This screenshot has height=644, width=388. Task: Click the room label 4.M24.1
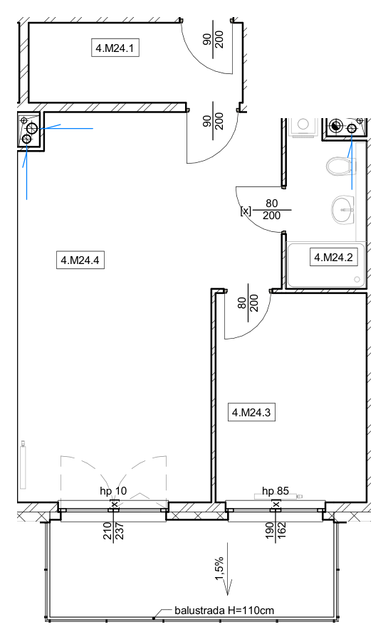(x=115, y=48)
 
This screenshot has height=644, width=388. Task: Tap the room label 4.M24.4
(x=80, y=260)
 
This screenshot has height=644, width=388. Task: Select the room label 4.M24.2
(x=333, y=258)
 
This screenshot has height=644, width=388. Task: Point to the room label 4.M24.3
(x=251, y=412)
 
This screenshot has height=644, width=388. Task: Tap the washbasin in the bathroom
(x=342, y=209)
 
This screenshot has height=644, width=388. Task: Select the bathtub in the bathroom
(x=326, y=265)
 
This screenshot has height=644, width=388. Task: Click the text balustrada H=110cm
(x=224, y=611)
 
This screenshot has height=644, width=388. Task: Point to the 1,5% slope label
(x=219, y=569)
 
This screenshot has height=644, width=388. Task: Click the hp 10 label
(x=113, y=490)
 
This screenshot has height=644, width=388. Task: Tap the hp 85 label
(x=276, y=491)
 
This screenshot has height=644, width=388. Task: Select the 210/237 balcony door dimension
(x=113, y=531)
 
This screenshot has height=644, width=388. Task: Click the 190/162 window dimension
(x=276, y=531)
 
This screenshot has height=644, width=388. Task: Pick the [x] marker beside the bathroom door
(x=246, y=211)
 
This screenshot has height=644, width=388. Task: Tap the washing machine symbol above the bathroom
(x=303, y=127)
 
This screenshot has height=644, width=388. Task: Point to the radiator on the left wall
(x=23, y=465)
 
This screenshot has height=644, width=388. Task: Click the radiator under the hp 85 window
(x=278, y=497)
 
